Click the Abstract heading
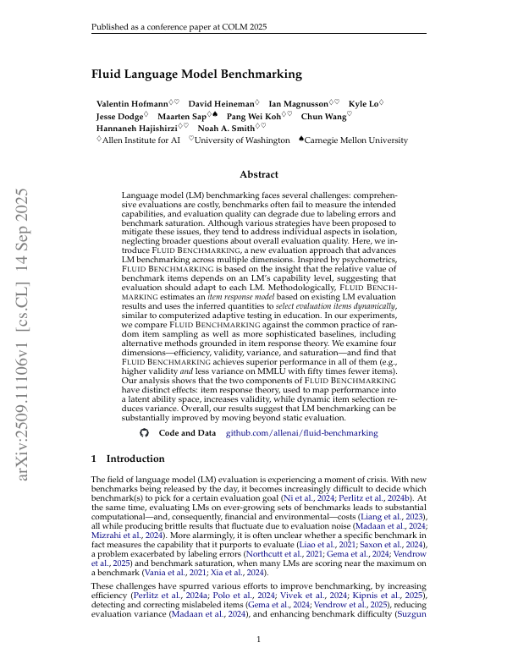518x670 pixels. pos(258,174)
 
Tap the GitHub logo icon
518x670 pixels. pos(144,432)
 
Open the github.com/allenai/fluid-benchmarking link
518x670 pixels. pos(301,432)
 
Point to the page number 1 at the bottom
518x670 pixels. pos(259,639)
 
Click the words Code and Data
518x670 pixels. pos(187,432)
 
